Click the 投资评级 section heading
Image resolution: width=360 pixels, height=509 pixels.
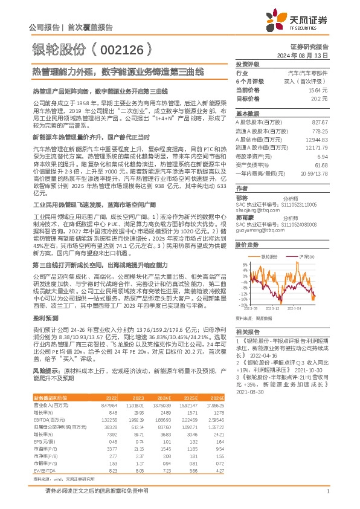coord(247,63)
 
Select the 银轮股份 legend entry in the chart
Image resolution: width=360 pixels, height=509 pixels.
coord(270,258)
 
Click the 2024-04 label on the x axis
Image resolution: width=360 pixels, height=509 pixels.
coord(295,308)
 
